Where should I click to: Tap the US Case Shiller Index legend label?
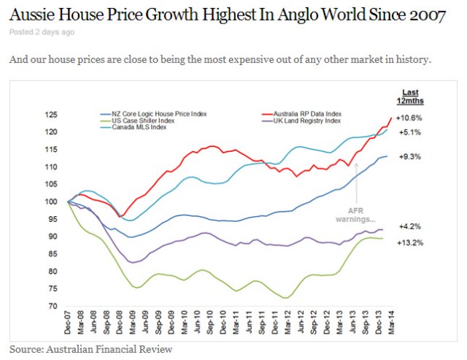pos(145,121)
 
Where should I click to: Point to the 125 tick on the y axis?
pos(50,115)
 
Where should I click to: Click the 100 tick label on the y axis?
pos(50,202)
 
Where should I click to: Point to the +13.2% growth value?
pos(409,242)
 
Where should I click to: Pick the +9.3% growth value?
pos(409,156)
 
